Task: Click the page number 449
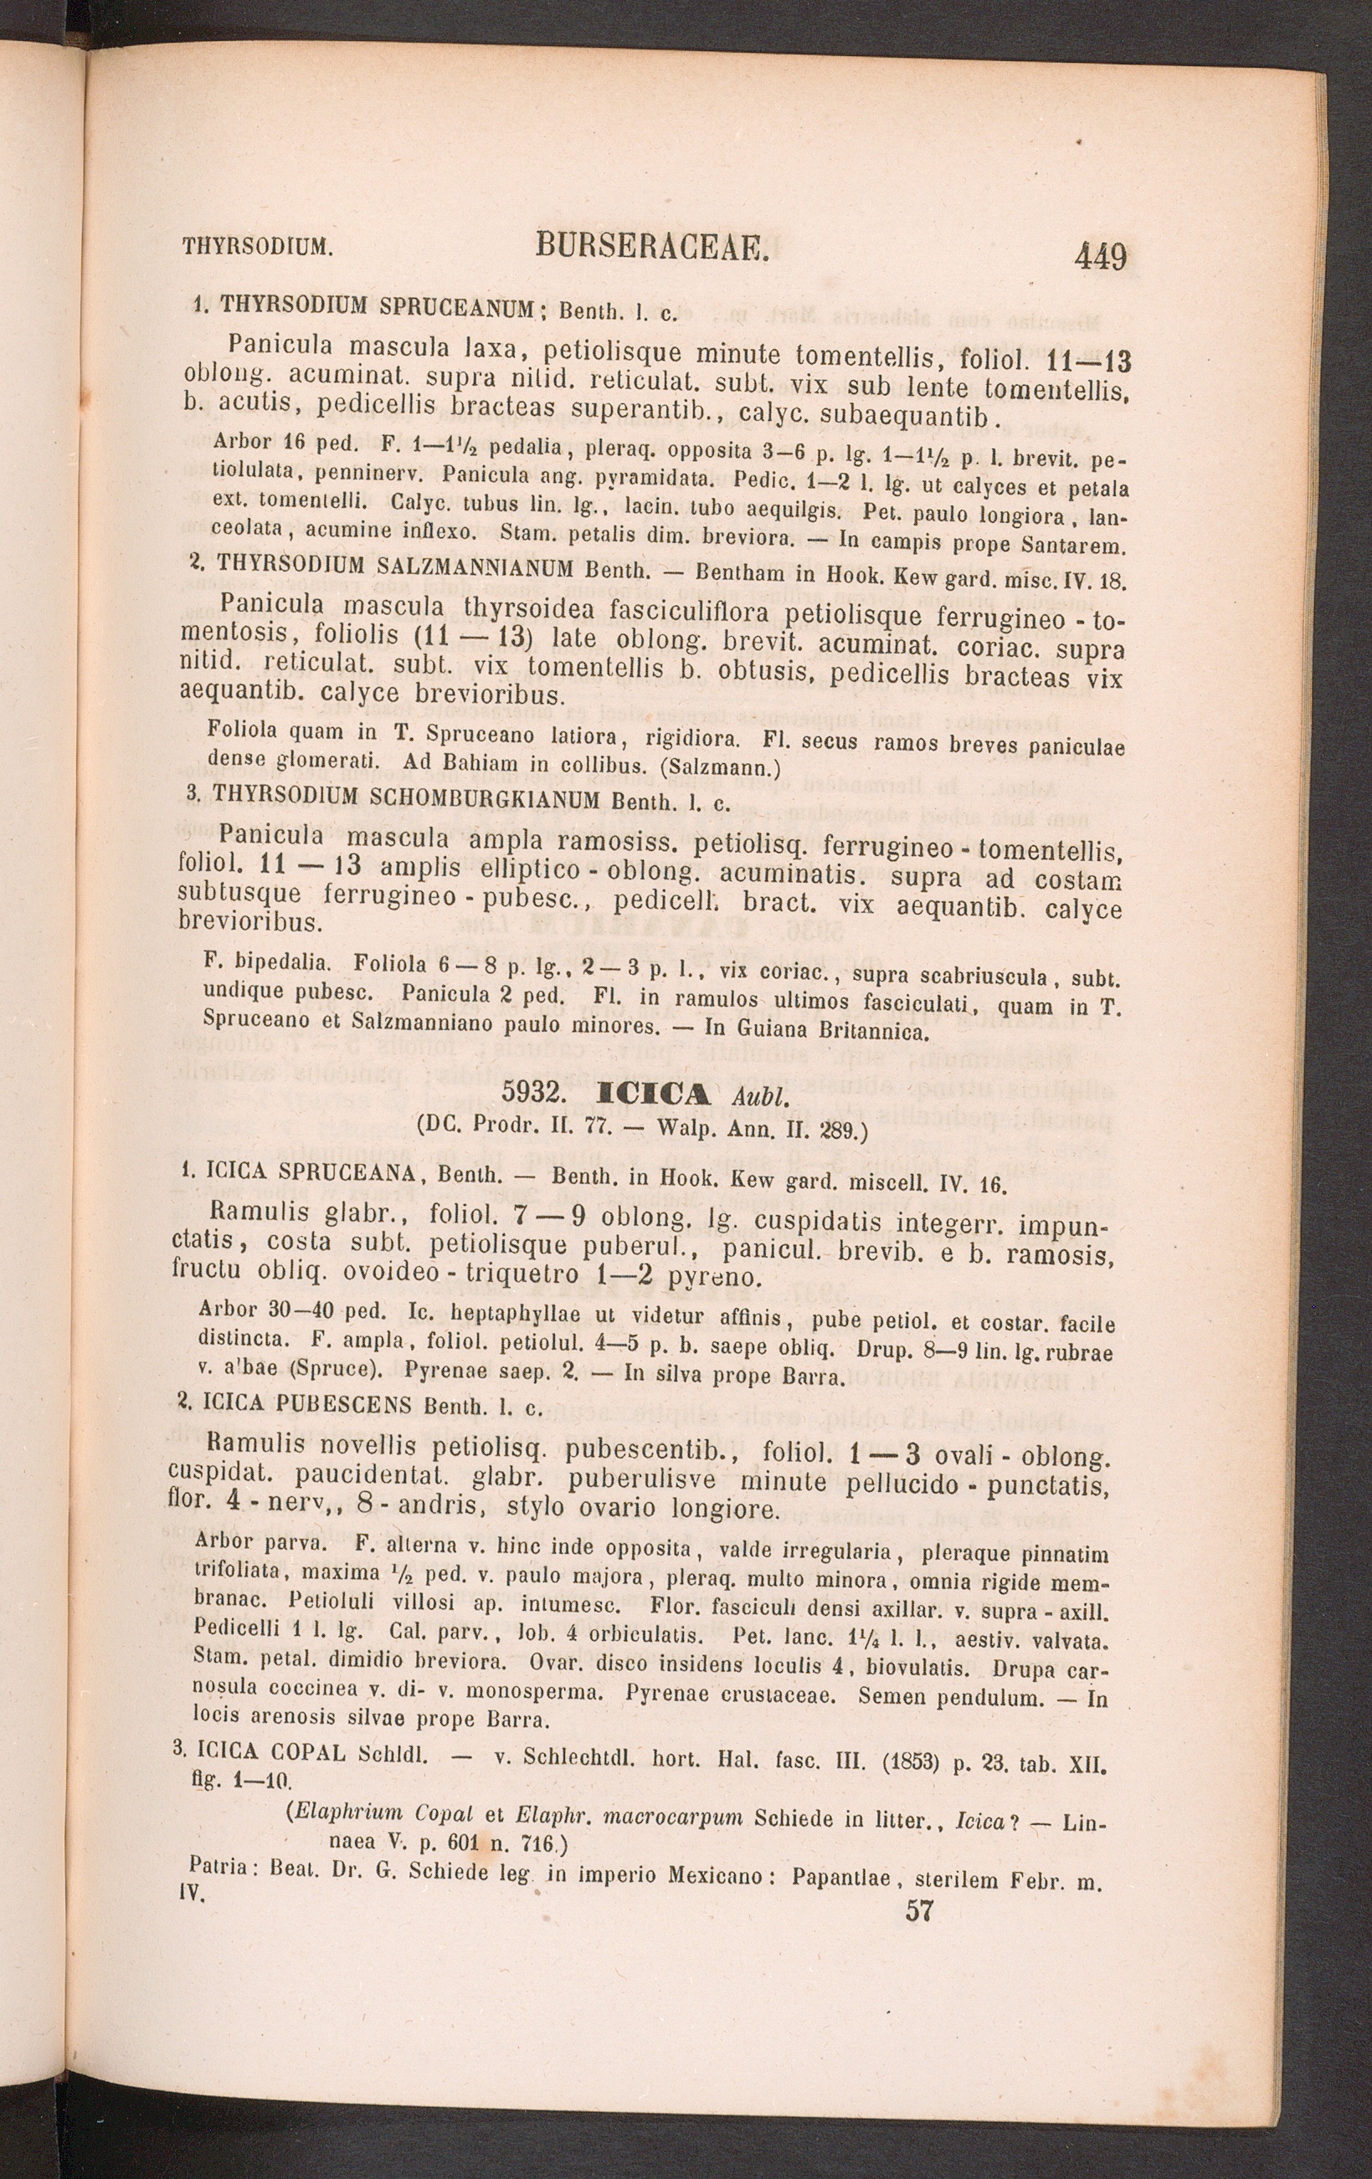click(x=1101, y=258)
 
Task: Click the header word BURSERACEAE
click(x=651, y=245)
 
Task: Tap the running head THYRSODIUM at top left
click(x=258, y=245)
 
